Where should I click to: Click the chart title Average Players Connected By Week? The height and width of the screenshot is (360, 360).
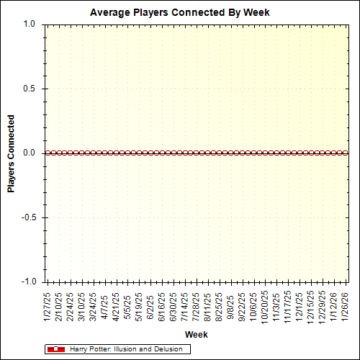180,12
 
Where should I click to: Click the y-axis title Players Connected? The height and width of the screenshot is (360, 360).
12,153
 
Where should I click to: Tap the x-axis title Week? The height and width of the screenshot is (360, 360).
196,335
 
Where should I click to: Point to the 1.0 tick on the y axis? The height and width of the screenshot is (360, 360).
29,24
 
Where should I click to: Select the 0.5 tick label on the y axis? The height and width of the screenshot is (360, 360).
29,89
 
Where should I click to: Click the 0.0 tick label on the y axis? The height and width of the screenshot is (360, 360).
29,153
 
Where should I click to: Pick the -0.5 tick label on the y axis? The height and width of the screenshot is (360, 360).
27,217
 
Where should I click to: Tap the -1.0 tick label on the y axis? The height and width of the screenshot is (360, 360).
27,282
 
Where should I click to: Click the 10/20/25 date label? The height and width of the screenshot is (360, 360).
265,306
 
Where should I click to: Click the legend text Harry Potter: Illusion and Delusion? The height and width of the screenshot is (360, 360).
129,349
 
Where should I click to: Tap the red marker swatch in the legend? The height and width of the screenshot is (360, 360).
55,349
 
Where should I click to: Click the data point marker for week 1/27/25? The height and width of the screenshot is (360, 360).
48,153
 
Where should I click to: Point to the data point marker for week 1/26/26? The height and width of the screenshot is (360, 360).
346,153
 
